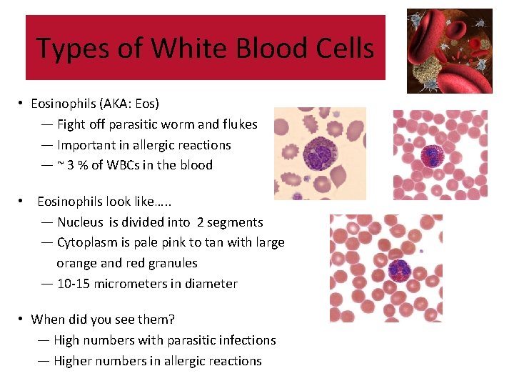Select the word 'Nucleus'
80,222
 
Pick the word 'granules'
173,263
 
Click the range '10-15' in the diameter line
73,284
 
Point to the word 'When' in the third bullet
47,320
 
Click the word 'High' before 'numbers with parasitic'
68,340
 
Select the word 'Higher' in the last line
74,361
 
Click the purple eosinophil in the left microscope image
318,155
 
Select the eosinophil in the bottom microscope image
398,270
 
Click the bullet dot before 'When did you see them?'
23,320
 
